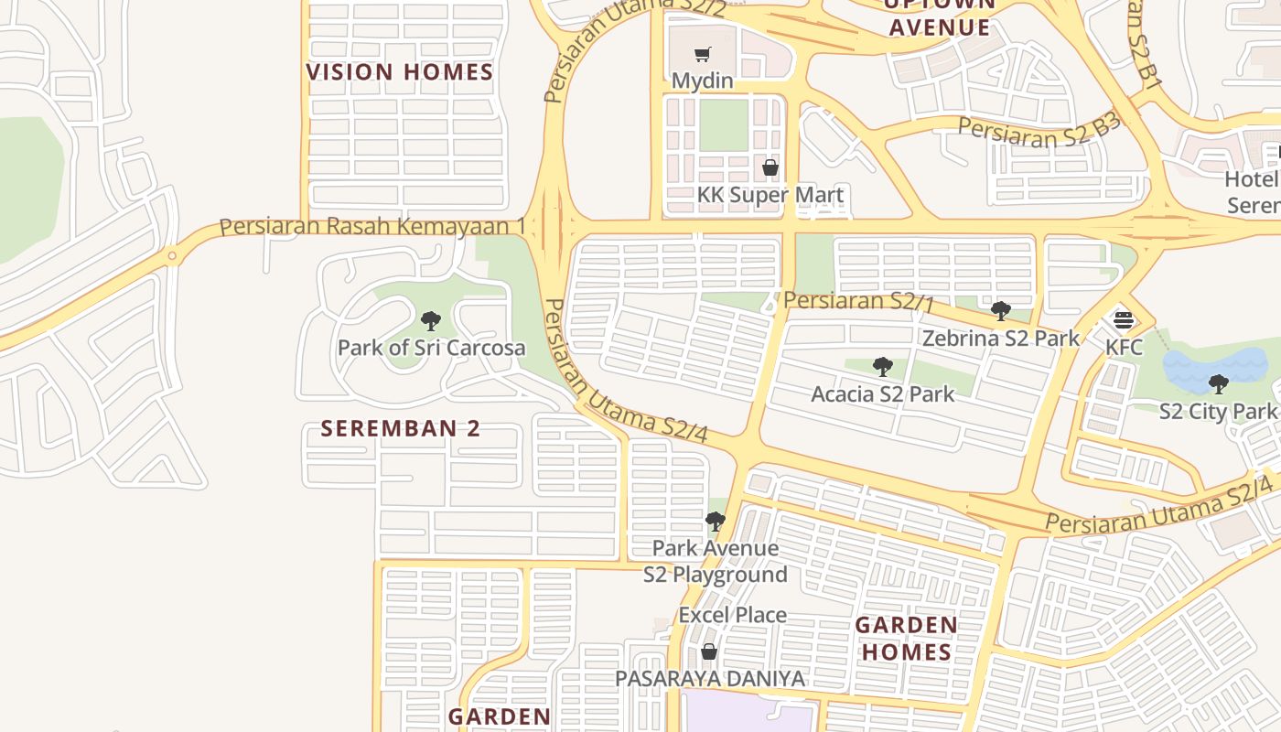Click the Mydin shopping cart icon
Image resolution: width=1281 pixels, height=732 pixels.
pyautogui.click(x=702, y=55)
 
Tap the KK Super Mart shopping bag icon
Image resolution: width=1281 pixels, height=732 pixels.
pyautogui.click(x=770, y=167)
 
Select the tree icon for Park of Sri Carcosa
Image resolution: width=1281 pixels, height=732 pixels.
pyautogui.click(x=431, y=321)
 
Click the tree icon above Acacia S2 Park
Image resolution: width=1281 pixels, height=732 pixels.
pyautogui.click(x=883, y=367)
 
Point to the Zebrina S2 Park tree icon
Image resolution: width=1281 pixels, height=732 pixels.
pyautogui.click(x=1001, y=311)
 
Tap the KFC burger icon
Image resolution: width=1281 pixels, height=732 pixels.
pyautogui.click(x=1124, y=320)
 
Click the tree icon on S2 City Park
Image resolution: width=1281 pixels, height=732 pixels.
pyautogui.click(x=1218, y=384)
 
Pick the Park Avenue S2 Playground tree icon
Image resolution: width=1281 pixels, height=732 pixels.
pyautogui.click(x=715, y=522)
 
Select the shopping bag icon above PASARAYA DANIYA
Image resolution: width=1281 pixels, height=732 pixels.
pyautogui.click(x=708, y=651)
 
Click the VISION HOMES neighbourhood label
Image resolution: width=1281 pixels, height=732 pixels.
pyautogui.click(x=400, y=72)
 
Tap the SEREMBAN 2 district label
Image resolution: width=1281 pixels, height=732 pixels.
pyautogui.click(x=400, y=428)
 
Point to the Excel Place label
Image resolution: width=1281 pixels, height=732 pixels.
pyautogui.click(x=732, y=615)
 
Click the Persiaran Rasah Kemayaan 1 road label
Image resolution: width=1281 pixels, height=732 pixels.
pyautogui.click(x=372, y=226)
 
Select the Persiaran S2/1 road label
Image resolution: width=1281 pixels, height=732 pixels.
pyautogui.click(x=859, y=300)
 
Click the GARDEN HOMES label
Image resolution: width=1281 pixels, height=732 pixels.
pyautogui.click(x=907, y=639)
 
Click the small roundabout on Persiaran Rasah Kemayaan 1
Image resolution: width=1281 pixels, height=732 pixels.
pyautogui.click(x=171, y=256)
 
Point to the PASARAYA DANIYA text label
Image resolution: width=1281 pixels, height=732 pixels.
pyautogui.click(x=710, y=679)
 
